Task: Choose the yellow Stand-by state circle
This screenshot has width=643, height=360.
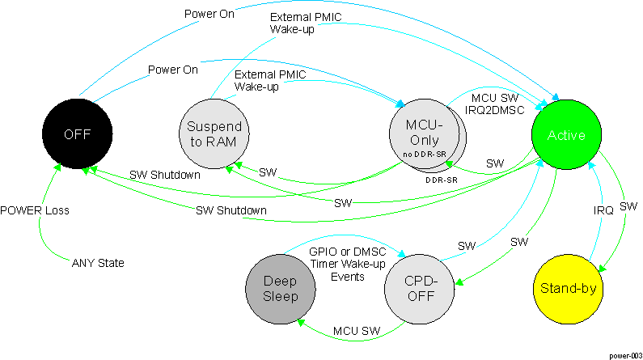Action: point(571,289)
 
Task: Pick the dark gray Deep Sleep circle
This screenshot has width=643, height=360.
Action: point(281,289)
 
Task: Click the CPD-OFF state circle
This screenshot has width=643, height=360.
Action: point(419,289)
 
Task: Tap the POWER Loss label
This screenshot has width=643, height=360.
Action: point(35,210)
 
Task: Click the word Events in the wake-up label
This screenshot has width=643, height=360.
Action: point(347,276)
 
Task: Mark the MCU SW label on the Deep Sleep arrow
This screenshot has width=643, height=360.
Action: point(357,332)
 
